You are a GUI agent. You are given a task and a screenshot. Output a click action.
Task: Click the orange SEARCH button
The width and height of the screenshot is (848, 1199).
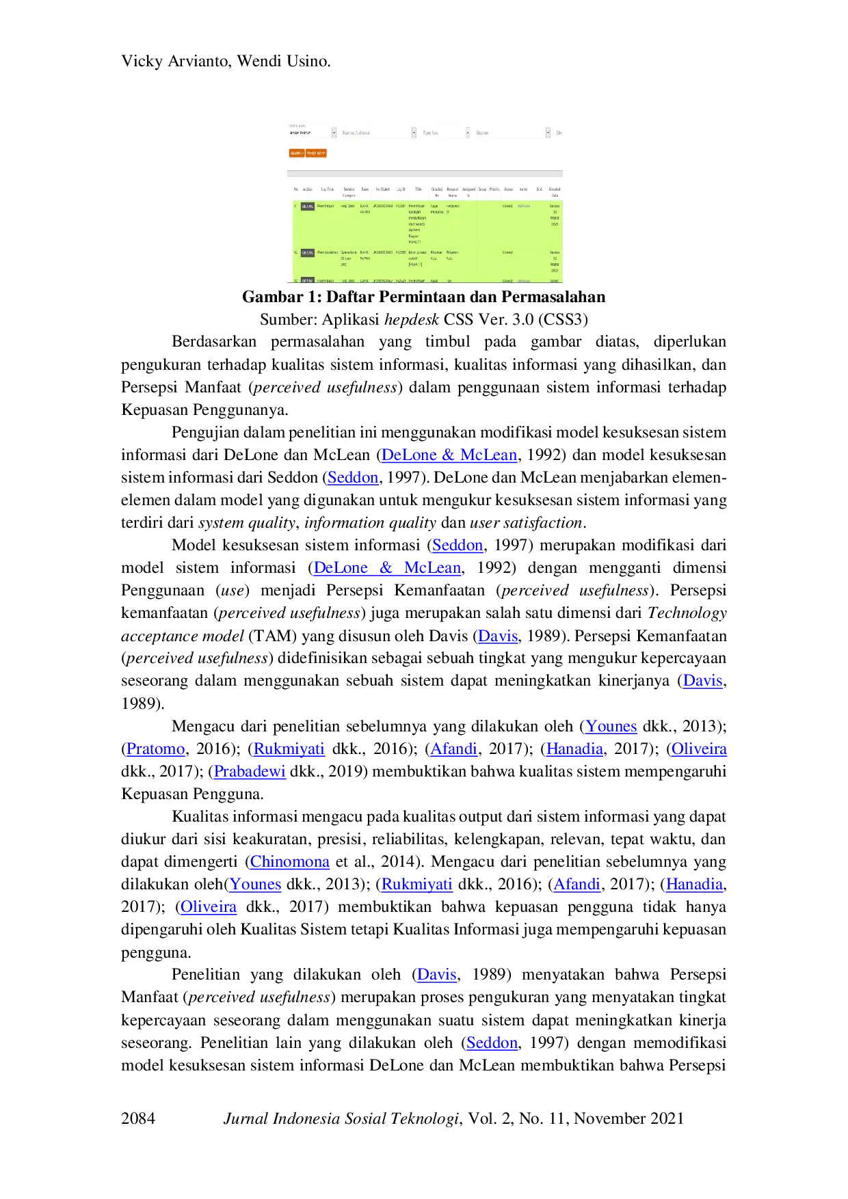pos(296,153)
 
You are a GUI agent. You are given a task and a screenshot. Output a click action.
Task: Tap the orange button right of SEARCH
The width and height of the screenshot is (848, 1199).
pos(316,153)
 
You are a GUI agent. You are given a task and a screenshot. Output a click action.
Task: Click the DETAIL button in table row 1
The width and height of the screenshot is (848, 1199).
pos(308,206)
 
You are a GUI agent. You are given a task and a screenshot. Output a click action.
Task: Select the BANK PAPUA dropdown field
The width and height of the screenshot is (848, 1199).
pos(312,133)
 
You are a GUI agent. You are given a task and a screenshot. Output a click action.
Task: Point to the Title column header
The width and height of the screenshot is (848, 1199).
pos(419,189)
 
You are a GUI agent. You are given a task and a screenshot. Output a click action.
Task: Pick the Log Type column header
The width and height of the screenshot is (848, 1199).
pos(328,189)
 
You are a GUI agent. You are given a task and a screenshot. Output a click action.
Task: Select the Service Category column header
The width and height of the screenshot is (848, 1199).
pos(349,192)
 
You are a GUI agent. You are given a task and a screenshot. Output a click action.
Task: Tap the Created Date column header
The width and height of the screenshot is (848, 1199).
pos(555,192)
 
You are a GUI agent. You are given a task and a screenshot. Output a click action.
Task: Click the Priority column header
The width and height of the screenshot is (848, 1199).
pos(494,189)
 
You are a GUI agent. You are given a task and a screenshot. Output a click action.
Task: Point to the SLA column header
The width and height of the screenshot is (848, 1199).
pos(540,189)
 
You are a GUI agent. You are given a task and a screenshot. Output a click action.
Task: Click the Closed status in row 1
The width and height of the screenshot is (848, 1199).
pos(507,206)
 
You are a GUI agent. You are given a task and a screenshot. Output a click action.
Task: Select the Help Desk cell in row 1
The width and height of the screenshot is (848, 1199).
pos(348,206)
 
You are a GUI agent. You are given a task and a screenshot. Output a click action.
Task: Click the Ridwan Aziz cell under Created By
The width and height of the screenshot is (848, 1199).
pos(436,255)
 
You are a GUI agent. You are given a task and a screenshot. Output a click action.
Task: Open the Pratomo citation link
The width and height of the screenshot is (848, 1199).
pos(156,749)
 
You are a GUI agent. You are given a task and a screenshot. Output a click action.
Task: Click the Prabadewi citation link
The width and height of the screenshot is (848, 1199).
pos(250,772)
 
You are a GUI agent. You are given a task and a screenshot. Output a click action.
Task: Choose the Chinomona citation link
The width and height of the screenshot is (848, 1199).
pos(290,862)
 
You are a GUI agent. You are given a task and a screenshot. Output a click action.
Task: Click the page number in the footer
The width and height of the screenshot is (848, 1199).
pos(140,1118)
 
